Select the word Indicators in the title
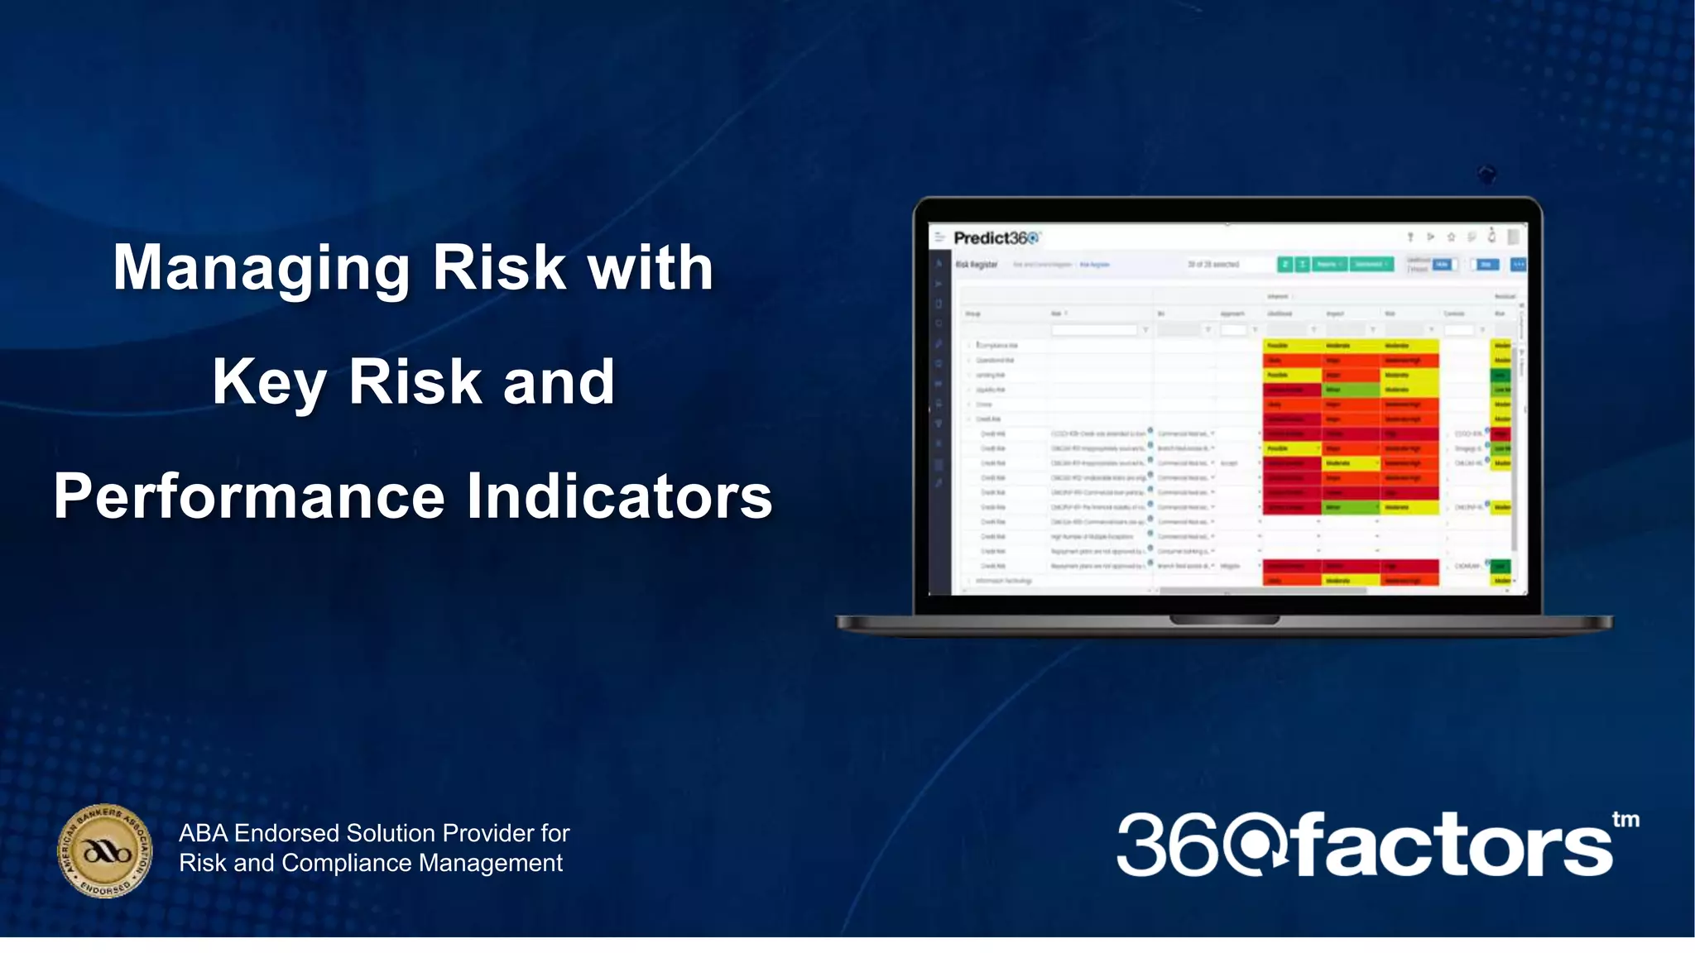click(x=619, y=497)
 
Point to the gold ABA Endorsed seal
click(x=105, y=850)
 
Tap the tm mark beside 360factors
click(x=1625, y=819)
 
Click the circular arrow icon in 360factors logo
click(x=1256, y=845)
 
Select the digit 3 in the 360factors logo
click(x=1143, y=845)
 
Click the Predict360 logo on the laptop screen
click(x=996, y=238)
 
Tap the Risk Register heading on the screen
click(x=977, y=265)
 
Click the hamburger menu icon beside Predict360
click(x=940, y=237)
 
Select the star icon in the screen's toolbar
click(x=1451, y=237)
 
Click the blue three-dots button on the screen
click(x=1519, y=265)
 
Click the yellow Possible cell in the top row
click(x=1291, y=345)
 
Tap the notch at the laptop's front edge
click(x=1225, y=620)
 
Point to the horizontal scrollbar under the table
click(x=1262, y=591)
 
